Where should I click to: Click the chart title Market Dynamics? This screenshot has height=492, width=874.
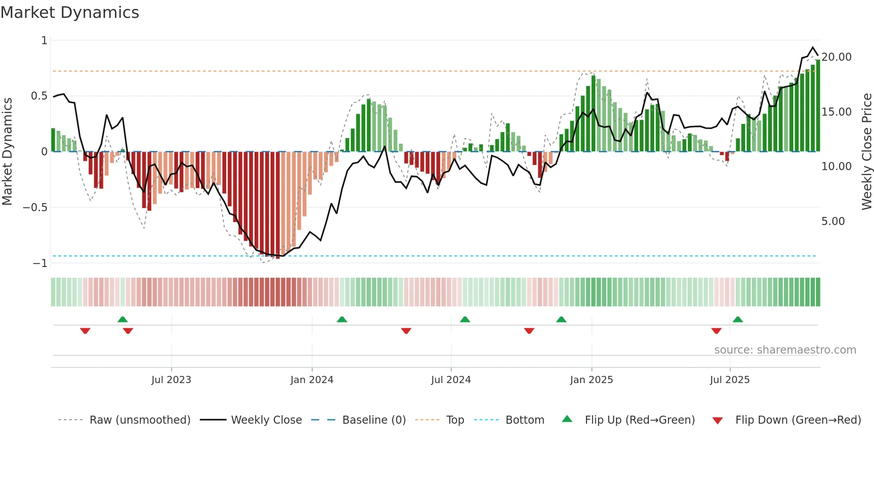pyautogui.click(x=70, y=13)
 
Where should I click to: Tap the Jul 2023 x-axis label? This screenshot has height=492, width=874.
pyautogui.click(x=171, y=380)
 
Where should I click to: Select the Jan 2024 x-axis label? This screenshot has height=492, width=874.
pyautogui.click(x=312, y=380)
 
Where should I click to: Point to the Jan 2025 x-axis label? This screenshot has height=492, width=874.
pyautogui.click(x=591, y=380)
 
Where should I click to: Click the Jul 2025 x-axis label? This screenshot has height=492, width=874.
pyautogui.click(x=730, y=380)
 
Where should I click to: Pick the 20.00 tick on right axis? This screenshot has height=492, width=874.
pyautogui.click(x=837, y=57)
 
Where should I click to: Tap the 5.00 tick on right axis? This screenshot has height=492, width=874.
pyautogui.click(x=833, y=221)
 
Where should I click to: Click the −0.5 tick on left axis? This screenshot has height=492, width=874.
pyautogui.click(x=35, y=208)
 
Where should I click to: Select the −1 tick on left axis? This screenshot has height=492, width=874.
pyautogui.click(x=40, y=263)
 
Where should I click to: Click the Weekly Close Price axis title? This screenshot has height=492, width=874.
pyautogui.click(x=866, y=152)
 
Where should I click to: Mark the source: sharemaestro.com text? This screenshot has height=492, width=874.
pyautogui.click(x=785, y=350)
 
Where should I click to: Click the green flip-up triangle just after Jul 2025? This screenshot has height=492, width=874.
pyautogui.click(x=738, y=319)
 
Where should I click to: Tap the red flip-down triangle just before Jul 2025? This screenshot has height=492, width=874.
pyautogui.click(x=716, y=331)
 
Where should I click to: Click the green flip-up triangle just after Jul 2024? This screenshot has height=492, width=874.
pyautogui.click(x=465, y=319)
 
